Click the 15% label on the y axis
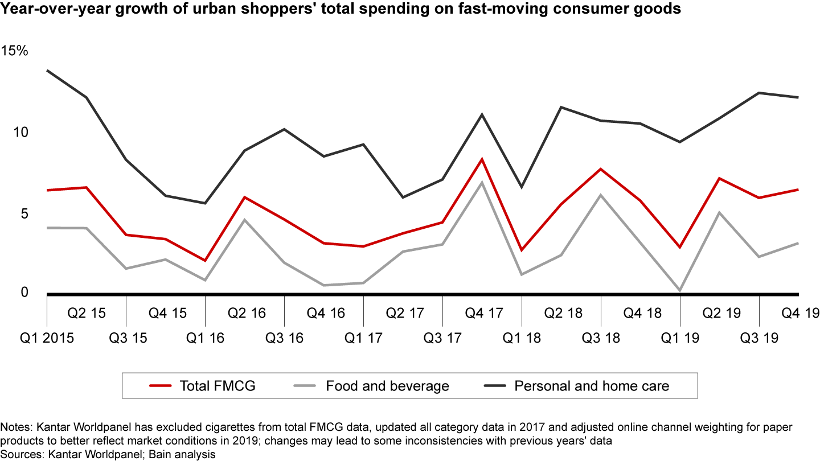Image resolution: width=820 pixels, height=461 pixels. pos(14,50)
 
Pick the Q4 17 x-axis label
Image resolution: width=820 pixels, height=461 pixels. pos(482,313)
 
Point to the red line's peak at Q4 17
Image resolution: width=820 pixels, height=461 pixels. pos(482,159)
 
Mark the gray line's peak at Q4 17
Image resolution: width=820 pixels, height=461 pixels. pos(482,182)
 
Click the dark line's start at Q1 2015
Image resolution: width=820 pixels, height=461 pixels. pos(47,71)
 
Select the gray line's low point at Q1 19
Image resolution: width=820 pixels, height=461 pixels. pos(680,290)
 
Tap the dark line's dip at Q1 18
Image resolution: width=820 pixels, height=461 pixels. pos(522,187)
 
